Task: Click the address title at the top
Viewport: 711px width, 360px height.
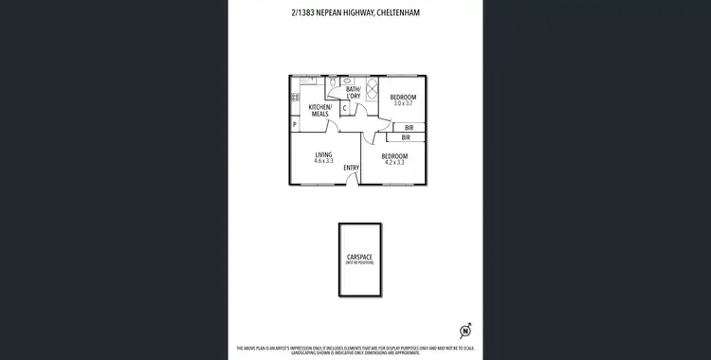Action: (355, 13)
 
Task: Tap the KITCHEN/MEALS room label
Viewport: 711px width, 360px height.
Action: (319, 111)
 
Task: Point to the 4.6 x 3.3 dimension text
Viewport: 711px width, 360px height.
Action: (323, 161)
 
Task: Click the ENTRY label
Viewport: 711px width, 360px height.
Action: (351, 168)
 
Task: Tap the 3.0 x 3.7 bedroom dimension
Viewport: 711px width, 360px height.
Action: (403, 103)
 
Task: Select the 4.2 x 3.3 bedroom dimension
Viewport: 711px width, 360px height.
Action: (394, 162)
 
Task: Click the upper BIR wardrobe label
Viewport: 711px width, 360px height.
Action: (409, 127)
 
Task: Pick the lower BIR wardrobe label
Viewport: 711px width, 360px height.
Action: (406, 137)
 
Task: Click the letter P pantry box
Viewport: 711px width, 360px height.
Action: (295, 124)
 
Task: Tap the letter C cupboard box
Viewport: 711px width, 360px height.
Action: (345, 108)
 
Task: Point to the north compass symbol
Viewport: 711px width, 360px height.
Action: (465, 331)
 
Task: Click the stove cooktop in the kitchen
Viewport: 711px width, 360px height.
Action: (295, 97)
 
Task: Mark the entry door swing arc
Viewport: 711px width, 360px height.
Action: (355, 181)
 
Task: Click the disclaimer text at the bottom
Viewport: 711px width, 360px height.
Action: (355, 350)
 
